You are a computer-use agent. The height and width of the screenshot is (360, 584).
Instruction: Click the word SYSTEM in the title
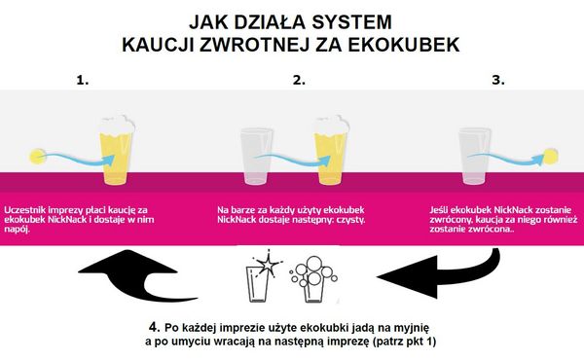351,22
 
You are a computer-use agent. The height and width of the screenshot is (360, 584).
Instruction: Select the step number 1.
83,80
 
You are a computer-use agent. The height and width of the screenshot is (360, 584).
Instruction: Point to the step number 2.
299,80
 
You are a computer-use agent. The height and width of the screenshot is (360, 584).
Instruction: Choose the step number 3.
498,80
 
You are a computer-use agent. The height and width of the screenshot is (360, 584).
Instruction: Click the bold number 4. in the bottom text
155,327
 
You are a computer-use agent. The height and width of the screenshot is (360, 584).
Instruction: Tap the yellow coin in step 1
37,157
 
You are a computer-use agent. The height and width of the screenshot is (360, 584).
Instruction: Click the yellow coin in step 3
551,156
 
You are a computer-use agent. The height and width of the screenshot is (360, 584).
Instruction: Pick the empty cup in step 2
256,156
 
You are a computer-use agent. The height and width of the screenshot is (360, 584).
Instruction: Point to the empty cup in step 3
475,156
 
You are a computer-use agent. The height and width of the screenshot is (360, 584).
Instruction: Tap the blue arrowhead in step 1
108,161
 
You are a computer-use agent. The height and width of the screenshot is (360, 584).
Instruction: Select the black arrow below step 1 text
137,274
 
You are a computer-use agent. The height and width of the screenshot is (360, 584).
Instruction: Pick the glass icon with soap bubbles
313,279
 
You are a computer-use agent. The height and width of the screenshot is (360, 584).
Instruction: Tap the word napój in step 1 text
18,230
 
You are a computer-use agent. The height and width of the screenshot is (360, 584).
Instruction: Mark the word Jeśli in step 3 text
439,210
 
